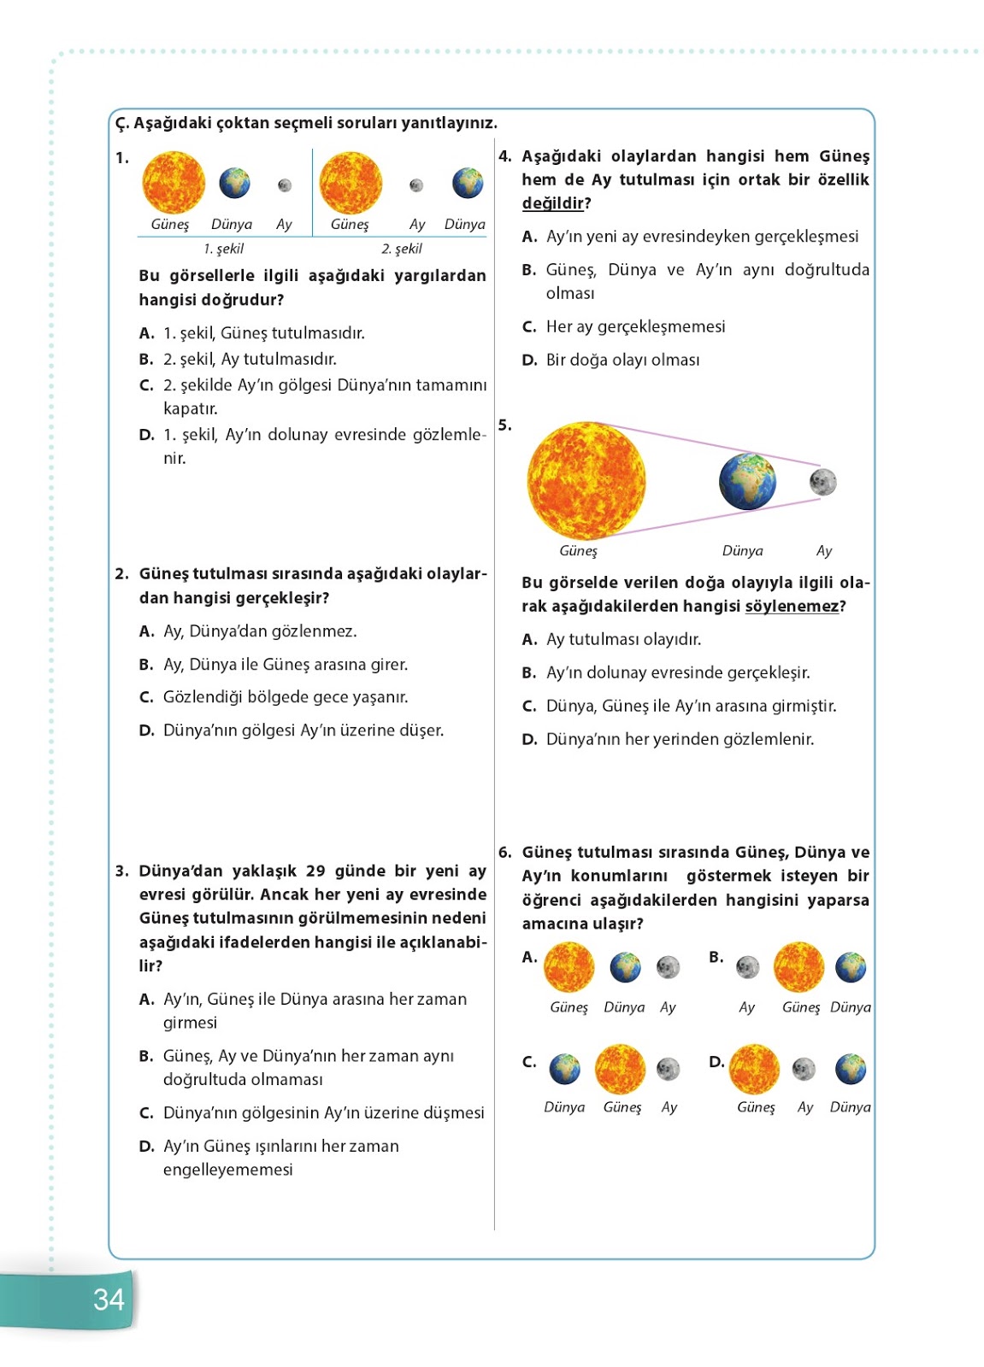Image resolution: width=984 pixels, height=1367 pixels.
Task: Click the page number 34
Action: [x=109, y=1300]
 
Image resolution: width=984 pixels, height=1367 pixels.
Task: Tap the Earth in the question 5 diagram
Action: [x=747, y=482]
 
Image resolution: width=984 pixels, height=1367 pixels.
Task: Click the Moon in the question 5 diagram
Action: [x=822, y=482]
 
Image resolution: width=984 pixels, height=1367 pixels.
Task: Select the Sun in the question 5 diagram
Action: [x=586, y=480]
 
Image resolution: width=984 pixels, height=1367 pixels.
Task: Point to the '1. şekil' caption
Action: [x=223, y=249]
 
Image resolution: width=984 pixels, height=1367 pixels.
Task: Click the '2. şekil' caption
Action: [x=401, y=249]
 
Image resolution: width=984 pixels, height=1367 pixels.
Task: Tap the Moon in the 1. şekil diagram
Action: [x=285, y=185]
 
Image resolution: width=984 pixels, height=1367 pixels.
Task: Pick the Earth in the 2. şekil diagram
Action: [x=467, y=183]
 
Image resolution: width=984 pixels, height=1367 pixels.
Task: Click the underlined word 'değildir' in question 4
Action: [x=553, y=203]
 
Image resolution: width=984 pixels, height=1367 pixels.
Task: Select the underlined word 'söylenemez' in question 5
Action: [x=792, y=607]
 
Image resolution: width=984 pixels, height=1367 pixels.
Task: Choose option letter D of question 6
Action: [x=716, y=1061]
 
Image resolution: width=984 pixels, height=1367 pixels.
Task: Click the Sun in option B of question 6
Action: [x=798, y=967]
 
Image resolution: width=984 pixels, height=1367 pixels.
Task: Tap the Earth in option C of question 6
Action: [x=564, y=1069]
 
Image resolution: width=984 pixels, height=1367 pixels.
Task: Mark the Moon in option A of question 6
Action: [x=668, y=967]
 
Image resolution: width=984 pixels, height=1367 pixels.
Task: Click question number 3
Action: [x=121, y=871]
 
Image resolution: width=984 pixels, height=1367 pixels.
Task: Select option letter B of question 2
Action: [x=146, y=665]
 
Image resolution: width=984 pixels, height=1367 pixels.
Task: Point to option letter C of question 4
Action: [x=529, y=327]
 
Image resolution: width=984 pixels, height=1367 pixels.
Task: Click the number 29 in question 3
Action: [x=315, y=871]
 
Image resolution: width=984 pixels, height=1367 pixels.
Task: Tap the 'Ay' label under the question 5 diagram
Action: [x=823, y=551]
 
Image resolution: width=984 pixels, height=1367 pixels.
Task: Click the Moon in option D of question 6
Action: [x=804, y=1069]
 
